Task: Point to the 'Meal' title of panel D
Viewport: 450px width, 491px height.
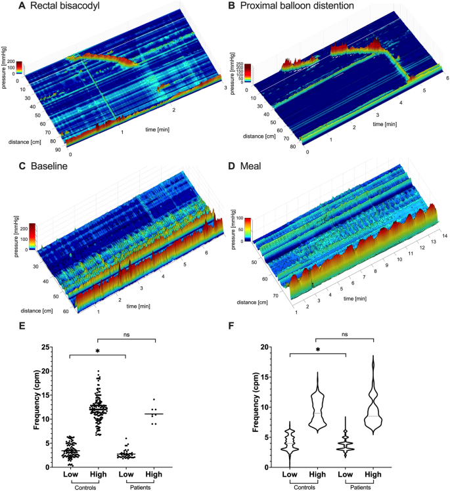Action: click(261, 166)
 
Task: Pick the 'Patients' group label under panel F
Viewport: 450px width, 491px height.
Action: click(359, 487)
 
